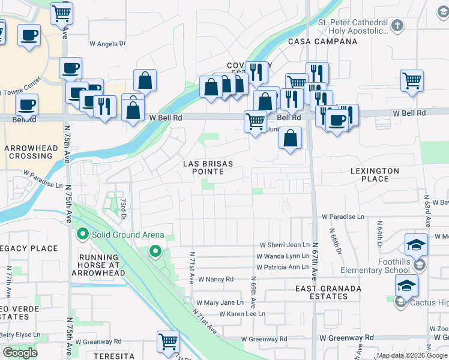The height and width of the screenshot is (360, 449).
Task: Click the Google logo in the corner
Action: click(20, 353)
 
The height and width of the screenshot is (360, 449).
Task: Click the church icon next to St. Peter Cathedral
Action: click(396, 26)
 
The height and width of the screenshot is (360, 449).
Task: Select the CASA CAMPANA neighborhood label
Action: click(322, 41)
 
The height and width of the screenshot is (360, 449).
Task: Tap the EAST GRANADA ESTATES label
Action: click(328, 293)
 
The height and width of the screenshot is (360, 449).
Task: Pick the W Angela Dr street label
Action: click(107, 43)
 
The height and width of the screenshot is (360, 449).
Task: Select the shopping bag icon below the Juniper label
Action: click(290, 138)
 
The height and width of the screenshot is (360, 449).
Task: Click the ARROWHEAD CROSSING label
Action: click(30, 152)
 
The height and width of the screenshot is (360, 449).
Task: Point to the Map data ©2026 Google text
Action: click(412, 355)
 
